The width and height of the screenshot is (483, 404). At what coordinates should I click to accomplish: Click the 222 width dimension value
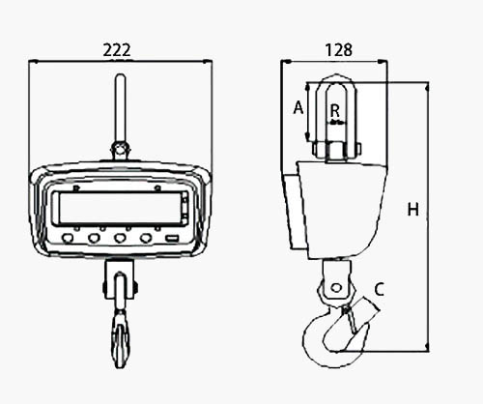pos(117,50)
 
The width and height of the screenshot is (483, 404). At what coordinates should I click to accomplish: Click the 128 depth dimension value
pos(338,50)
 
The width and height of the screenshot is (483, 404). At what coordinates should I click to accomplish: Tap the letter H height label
pos(413,210)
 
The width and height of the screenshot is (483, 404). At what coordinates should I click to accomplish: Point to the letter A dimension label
pos(298,107)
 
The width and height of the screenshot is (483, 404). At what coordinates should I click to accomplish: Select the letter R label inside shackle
pos(335,111)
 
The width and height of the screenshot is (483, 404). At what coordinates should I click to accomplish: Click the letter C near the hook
pos(380,289)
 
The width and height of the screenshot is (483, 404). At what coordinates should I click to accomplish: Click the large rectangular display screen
pos(120,208)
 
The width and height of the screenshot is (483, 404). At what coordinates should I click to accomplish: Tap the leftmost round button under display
pos(68,238)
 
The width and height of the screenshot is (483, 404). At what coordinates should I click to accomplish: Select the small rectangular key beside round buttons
pos(172,239)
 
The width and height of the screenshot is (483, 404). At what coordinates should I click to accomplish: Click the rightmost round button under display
pos(146,238)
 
